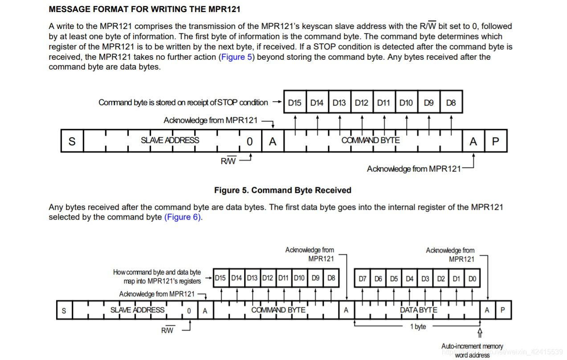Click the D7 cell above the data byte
[x=363, y=279]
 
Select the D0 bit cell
[x=472, y=279]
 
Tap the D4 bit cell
[x=409, y=279]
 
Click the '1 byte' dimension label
[x=418, y=327]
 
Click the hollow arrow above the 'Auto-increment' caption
[x=480, y=333]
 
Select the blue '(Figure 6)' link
[x=183, y=217]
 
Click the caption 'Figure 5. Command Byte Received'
[x=282, y=190]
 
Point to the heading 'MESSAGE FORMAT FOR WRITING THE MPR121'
[x=144, y=9]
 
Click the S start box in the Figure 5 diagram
[x=72, y=141]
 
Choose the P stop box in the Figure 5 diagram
[x=495, y=141]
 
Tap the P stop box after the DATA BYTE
[x=502, y=311]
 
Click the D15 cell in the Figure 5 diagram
[x=294, y=103]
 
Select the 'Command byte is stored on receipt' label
[x=183, y=102]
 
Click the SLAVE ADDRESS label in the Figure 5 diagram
[x=170, y=140]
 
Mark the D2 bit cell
[x=441, y=279]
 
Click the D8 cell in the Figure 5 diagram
[x=451, y=103]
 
